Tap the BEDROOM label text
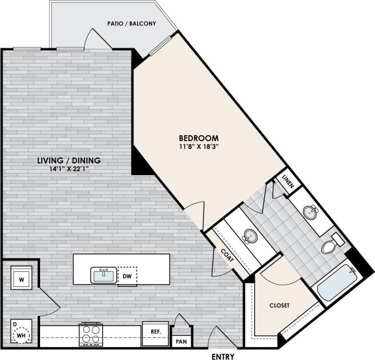click(x=199, y=138)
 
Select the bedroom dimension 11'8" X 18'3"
click(x=199, y=147)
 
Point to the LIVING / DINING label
click(x=69, y=161)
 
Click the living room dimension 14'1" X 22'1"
click(x=69, y=169)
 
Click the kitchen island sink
click(x=104, y=275)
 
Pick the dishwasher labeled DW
click(x=127, y=276)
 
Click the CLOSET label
click(x=279, y=305)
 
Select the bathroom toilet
click(x=331, y=245)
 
